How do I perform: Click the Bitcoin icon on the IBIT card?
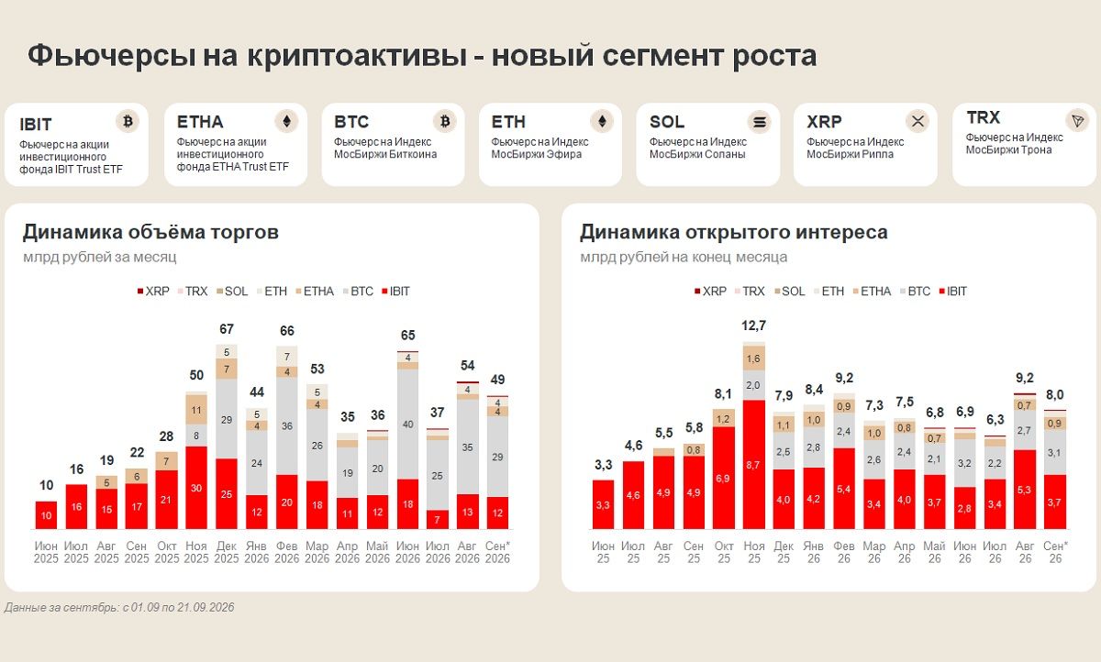click(x=128, y=121)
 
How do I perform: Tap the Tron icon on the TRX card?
click(x=1077, y=121)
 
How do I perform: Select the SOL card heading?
click(x=667, y=122)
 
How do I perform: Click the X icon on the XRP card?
click(x=917, y=121)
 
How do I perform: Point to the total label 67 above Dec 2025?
click(x=227, y=329)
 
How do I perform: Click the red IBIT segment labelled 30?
click(x=196, y=488)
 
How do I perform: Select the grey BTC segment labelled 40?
click(x=408, y=425)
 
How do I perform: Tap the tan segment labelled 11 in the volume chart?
click(x=196, y=410)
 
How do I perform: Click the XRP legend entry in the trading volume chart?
click(x=153, y=292)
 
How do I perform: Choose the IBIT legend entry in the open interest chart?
click(x=952, y=292)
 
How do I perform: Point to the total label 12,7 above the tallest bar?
click(x=753, y=325)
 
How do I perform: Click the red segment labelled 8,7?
click(x=753, y=465)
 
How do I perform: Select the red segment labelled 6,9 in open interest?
click(x=723, y=478)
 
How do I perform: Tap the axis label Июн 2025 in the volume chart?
click(x=46, y=552)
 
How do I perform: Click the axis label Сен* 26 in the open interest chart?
click(x=1055, y=552)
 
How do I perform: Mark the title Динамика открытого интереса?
click(x=734, y=232)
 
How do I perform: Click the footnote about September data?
click(x=119, y=608)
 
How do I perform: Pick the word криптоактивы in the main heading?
click(x=357, y=55)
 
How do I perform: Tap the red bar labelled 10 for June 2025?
click(x=46, y=515)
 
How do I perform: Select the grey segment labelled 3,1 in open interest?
click(x=1054, y=452)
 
